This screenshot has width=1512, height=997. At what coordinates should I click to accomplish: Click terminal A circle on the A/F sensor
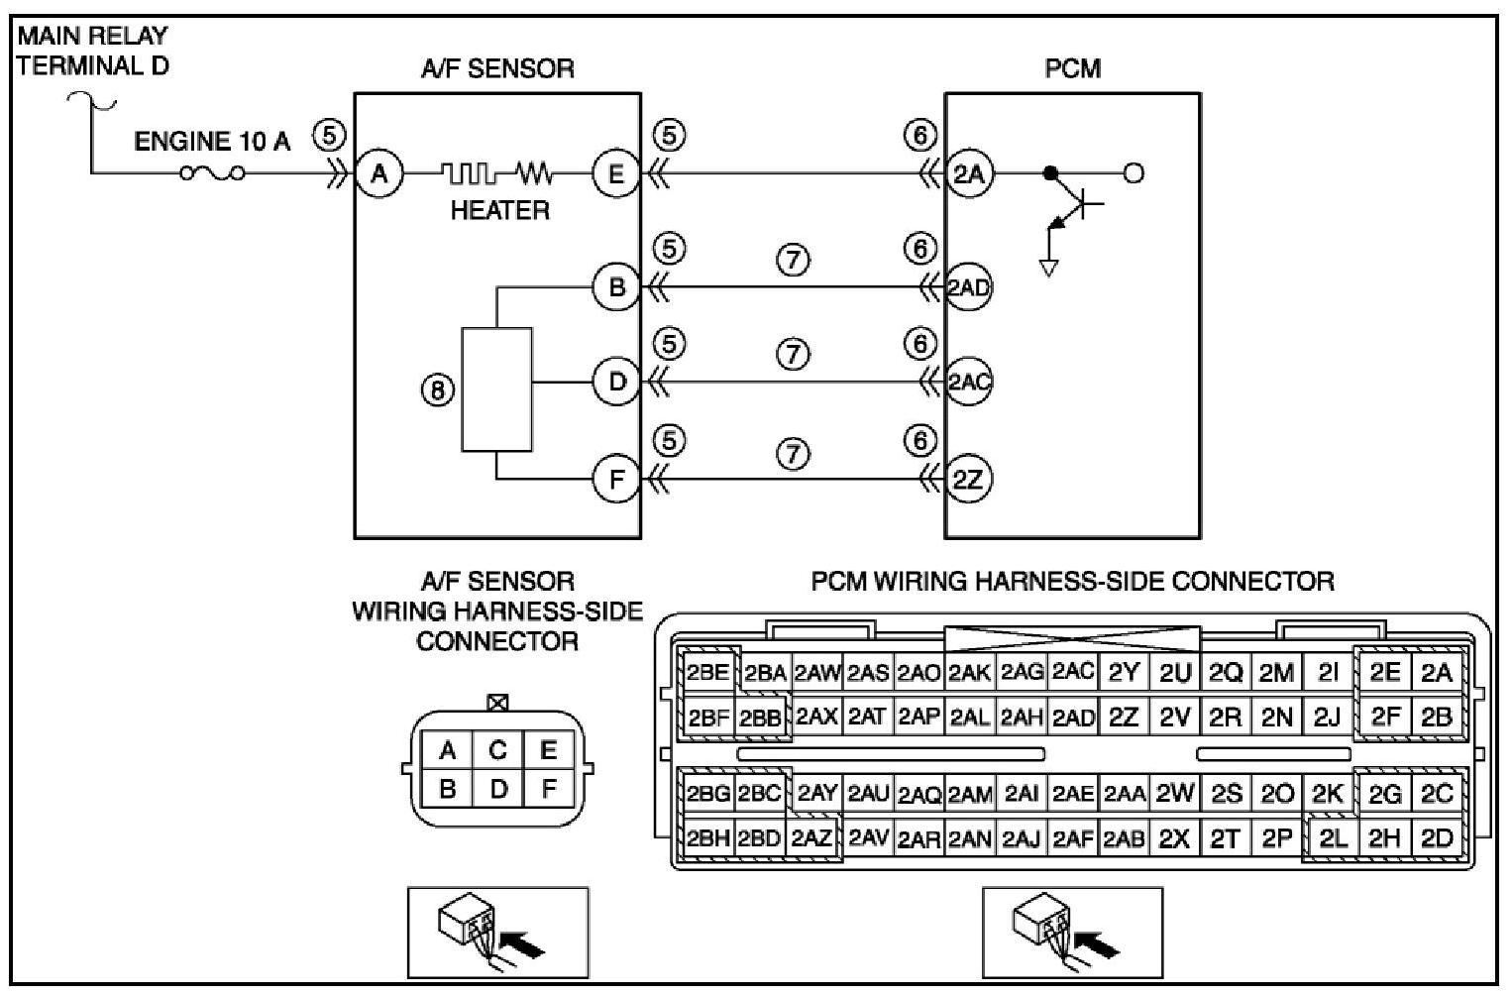click(379, 174)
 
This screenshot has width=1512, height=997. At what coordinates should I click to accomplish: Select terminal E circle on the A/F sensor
click(616, 174)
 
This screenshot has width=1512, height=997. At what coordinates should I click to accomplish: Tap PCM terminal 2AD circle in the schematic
click(969, 287)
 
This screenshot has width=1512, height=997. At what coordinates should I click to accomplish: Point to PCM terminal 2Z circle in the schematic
click(969, 480)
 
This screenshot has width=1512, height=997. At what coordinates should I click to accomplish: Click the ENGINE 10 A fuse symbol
click(212, 174)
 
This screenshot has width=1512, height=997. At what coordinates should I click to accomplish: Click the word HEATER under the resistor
click(499, 211)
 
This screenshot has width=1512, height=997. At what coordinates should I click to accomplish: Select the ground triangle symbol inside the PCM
click(1048, 268)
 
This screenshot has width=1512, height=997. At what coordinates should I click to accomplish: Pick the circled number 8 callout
click(437, 390)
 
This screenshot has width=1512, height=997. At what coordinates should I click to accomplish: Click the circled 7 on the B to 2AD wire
click(793, 260)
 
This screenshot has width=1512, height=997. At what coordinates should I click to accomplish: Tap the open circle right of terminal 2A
click(1134, 174)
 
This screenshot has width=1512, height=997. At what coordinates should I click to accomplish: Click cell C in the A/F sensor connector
click(497, 750)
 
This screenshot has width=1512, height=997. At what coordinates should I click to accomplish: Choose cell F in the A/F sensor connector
click(549, 788)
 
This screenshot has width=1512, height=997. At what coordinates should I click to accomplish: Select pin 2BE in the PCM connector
click(708, 672)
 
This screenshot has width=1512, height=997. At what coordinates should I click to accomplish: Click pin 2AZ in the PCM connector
click(812, 838)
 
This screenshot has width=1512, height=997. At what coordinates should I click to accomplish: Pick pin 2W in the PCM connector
click(1174, 793)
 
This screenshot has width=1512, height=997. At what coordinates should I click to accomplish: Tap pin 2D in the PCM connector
click(1437, 838)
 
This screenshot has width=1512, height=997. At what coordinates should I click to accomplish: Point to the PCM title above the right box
click(1073, 68)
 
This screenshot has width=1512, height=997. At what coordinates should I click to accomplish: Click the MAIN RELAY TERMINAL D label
click(92, 51)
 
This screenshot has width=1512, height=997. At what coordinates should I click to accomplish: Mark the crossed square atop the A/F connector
click(497, 703)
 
